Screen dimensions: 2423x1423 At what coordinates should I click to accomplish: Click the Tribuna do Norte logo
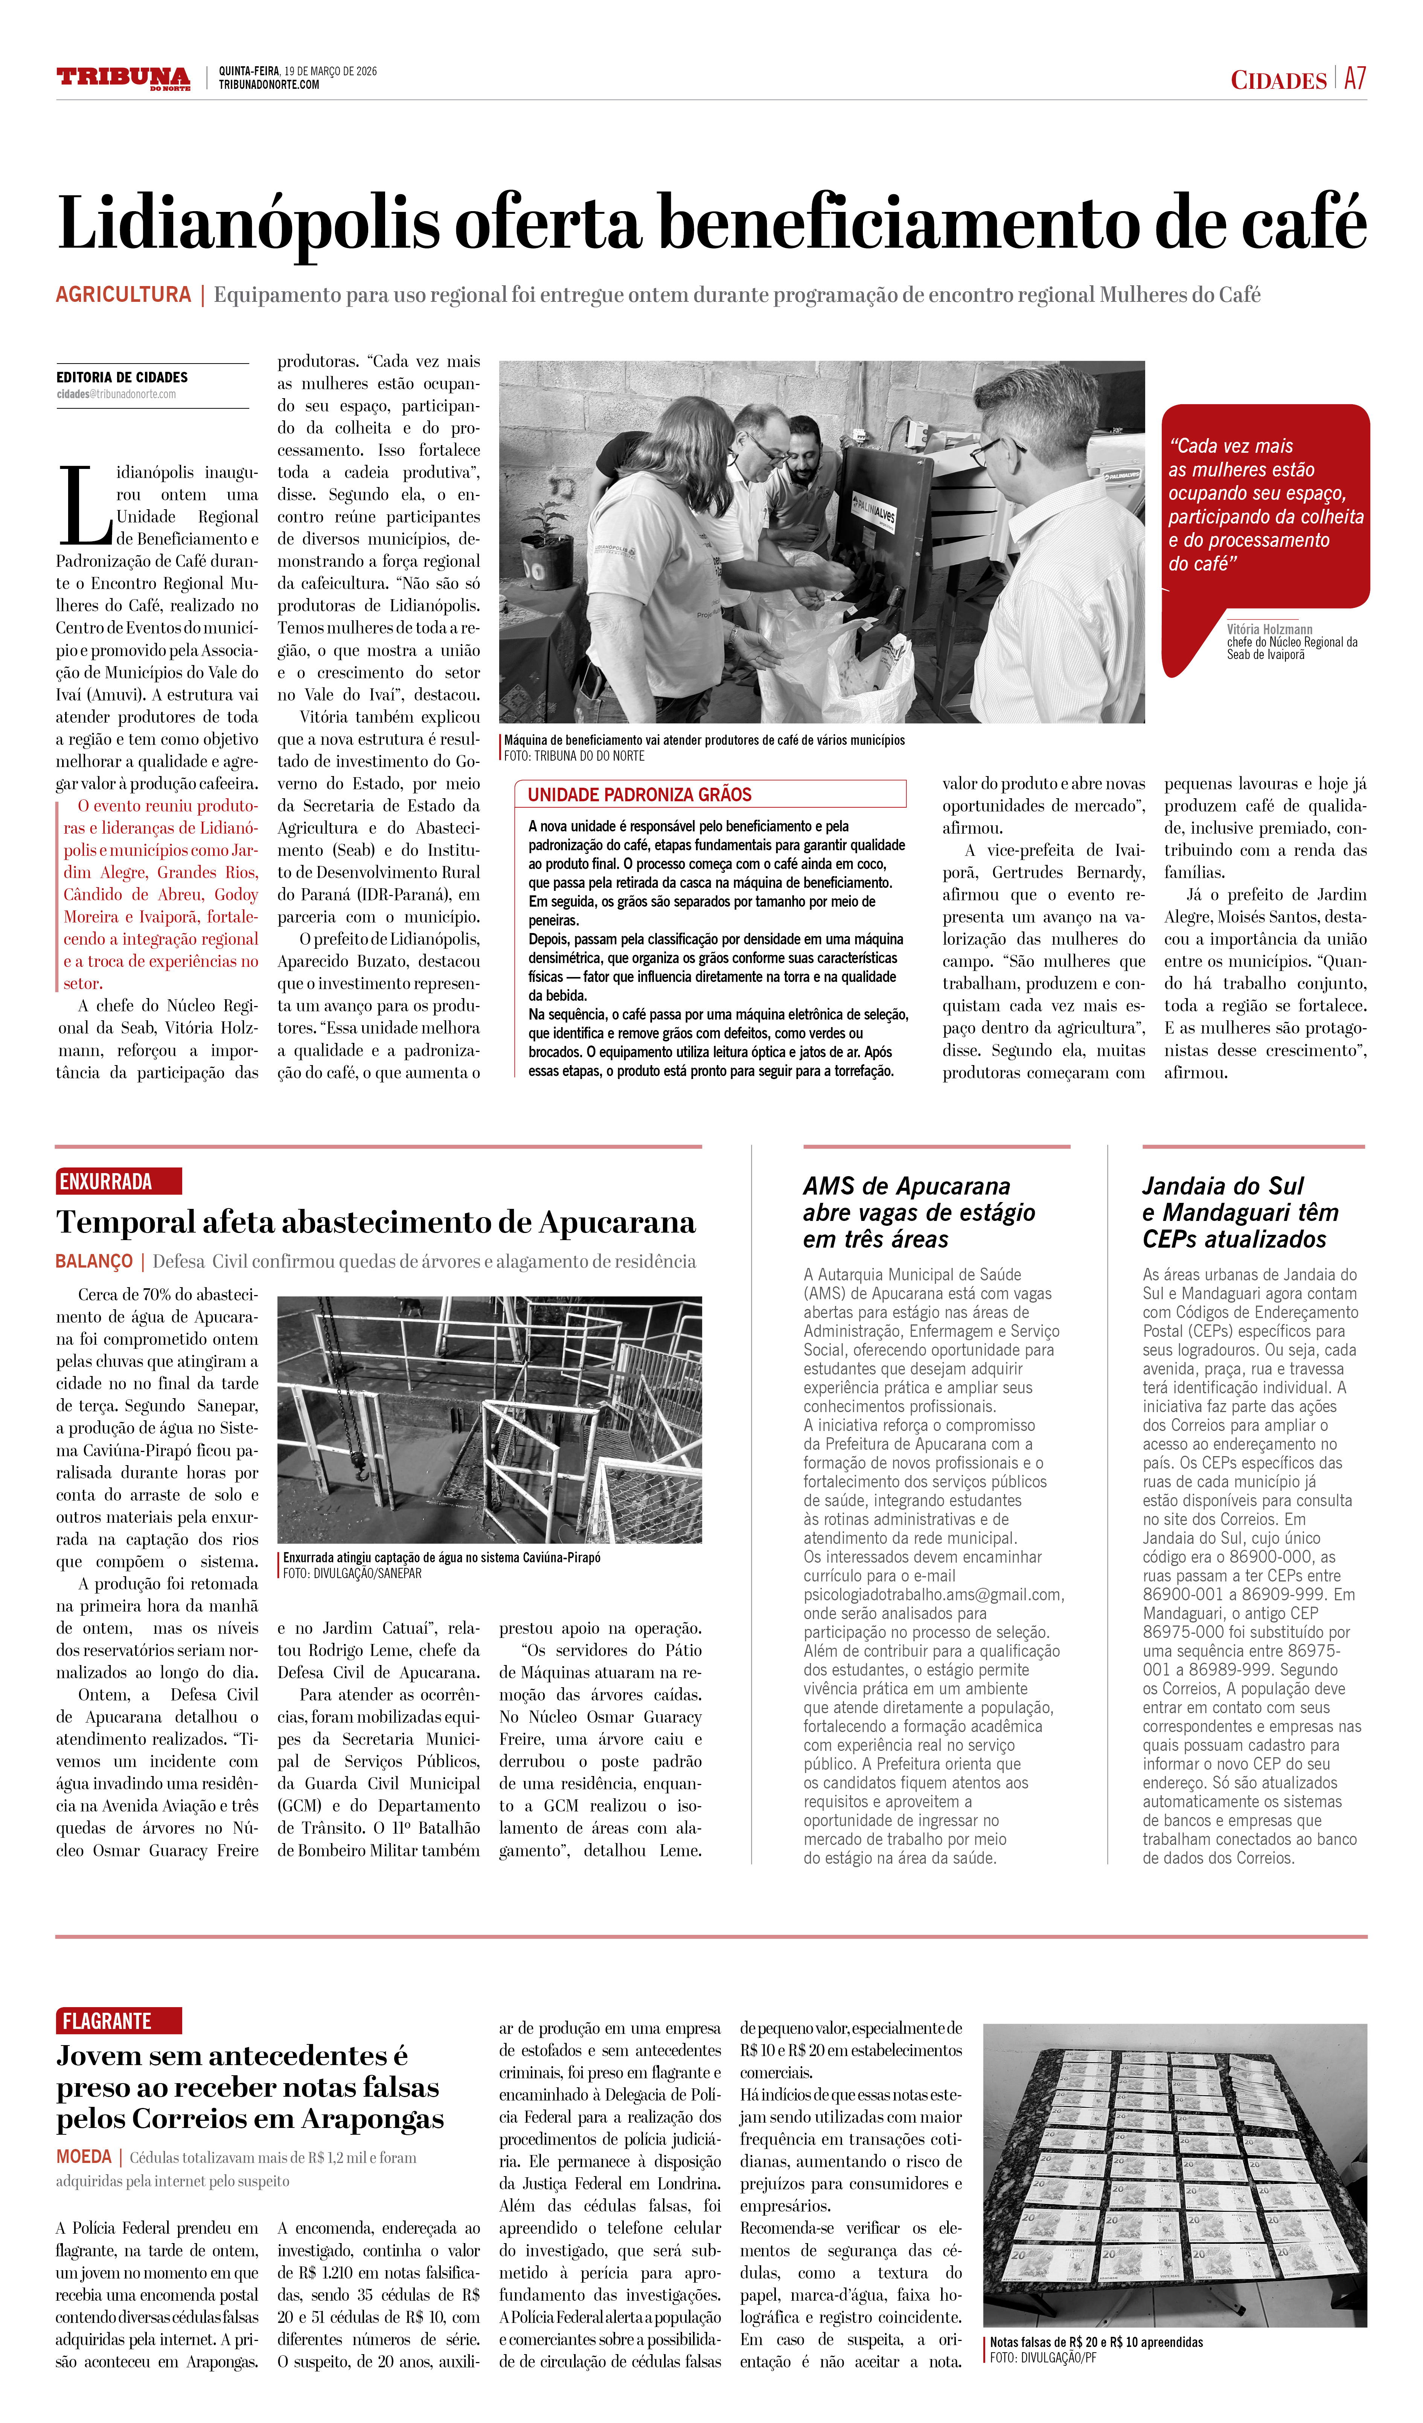(123, 78)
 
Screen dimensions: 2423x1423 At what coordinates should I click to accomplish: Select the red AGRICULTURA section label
(123, 294)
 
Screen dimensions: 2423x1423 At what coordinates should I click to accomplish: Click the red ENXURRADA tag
(106, 1182)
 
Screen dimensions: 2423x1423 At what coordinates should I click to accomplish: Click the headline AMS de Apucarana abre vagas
(918, 1213)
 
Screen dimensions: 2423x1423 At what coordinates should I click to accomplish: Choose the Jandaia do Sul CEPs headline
(1240, 1213)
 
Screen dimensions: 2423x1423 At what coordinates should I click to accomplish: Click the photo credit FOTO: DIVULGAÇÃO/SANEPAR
(352, 1574)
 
